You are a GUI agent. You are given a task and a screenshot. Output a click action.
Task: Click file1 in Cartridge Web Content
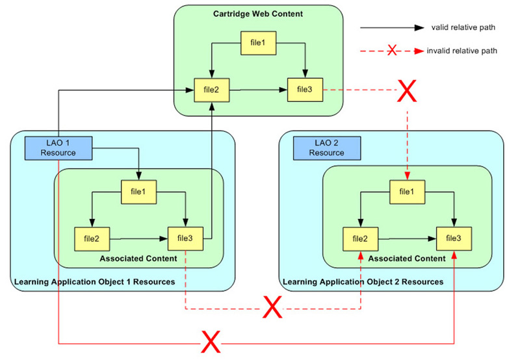pos(258,43)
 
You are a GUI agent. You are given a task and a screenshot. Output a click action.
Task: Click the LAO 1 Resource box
pos(58,148)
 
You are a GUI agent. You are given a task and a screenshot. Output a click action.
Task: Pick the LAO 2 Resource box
pos(326,148)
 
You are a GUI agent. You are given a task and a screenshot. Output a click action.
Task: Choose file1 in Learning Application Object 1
pos(138,191)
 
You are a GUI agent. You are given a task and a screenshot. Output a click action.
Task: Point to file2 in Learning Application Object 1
pos(91,238)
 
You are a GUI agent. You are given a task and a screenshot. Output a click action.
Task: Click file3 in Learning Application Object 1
pos(185,238)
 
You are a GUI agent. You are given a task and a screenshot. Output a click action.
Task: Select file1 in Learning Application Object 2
pos(406,191)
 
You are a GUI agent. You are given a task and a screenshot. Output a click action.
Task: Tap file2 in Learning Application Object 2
pos(359,238)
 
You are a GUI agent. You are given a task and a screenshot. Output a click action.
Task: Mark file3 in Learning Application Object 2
pos(453,238)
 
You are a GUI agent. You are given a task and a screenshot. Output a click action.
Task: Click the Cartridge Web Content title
pos(258,14)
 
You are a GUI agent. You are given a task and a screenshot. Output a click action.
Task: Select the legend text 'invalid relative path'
pos(463,50)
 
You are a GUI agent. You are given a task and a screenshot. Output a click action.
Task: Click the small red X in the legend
pos(392,50)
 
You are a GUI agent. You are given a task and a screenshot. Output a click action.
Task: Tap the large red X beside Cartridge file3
pos(406,92)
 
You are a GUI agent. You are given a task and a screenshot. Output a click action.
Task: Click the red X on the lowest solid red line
pos(209,341)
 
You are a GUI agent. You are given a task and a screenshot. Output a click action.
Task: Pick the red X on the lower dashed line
pos(272,308)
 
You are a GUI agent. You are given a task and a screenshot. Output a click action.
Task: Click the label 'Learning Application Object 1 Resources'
pos(94,282)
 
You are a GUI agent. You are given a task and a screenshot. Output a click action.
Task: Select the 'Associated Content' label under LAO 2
pos(407,258)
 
